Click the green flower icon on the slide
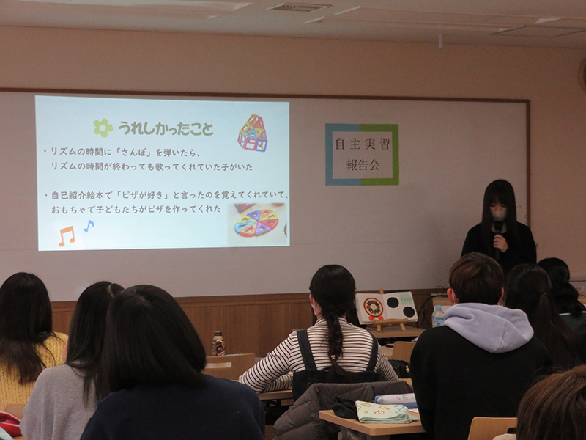pyautogui.click(x=103, y=128)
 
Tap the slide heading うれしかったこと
pyautogui.click(x=166, y=129)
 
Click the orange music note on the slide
pyautogui.click(x=67, y=236)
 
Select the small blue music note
pyautogui.click(x=89, y=226)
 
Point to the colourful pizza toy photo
pyautogui.click(x=257, y=224)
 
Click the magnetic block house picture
pyautogui.click(x=253, y=133)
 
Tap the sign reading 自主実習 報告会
pyautogui.click(x=362, y=155)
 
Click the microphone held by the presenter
pyautogui.click(x=498, y=240)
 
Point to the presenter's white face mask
pyautogui.click(x=499, y=214)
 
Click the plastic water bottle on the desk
pyautogui.click(x=437, y=316)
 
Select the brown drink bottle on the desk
pyautogui.click(x=218, y=343)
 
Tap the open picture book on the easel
pyautogui.click(x=386, y=307)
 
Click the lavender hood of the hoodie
pyautogui.click(x=488, y=326)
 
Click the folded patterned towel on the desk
pyautogui.click(x=383, y=412)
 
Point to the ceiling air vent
pyautogui.click(x=299, y=7)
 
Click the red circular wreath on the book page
pyautogui.click(x=374, y=308)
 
